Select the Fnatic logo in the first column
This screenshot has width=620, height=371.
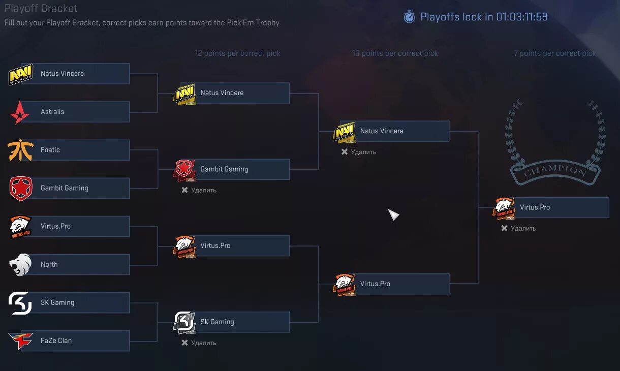[20, 150]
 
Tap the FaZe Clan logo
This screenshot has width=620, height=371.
[20, 341]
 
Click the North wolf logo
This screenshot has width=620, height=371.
[20, 264]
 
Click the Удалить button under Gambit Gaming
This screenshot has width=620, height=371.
[199, 190]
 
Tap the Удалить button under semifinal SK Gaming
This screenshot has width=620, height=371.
[199, 343]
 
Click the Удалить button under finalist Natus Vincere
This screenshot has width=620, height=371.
[359, 152]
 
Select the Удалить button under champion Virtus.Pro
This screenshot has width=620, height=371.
[519, 228]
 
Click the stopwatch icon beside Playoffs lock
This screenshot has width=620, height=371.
[409, 17]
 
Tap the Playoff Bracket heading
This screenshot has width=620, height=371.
[41, 9]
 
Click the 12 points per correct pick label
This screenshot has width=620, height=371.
[237, 53]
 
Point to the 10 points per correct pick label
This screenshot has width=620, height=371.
[395, 53]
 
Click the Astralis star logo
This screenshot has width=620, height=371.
[20, 112]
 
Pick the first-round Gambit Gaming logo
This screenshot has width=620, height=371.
[20, 188]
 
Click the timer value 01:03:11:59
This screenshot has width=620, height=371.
[522, 17]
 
